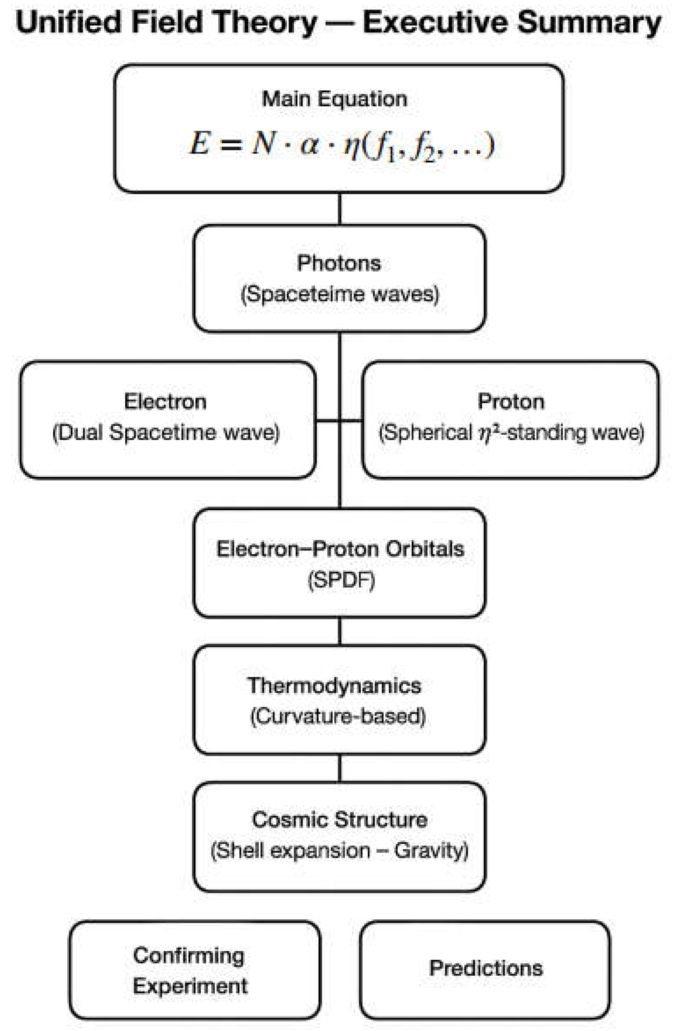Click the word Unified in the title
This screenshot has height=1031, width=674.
pyautogui.click(x=69, y=22)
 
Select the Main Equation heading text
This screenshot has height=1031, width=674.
pyautogui.click(x=334, y=99)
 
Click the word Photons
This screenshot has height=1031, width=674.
pyautogui.click(x=339, y=263)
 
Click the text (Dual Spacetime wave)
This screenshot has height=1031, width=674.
pyautogui.click(x=166, y=432)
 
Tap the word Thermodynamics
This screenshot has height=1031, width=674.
pyautogui.click(x=334, y=686)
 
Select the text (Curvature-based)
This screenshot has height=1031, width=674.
pyautogui.click(x=338, y=716)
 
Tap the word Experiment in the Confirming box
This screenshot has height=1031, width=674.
pyautogui.click(x=190, y=986)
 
